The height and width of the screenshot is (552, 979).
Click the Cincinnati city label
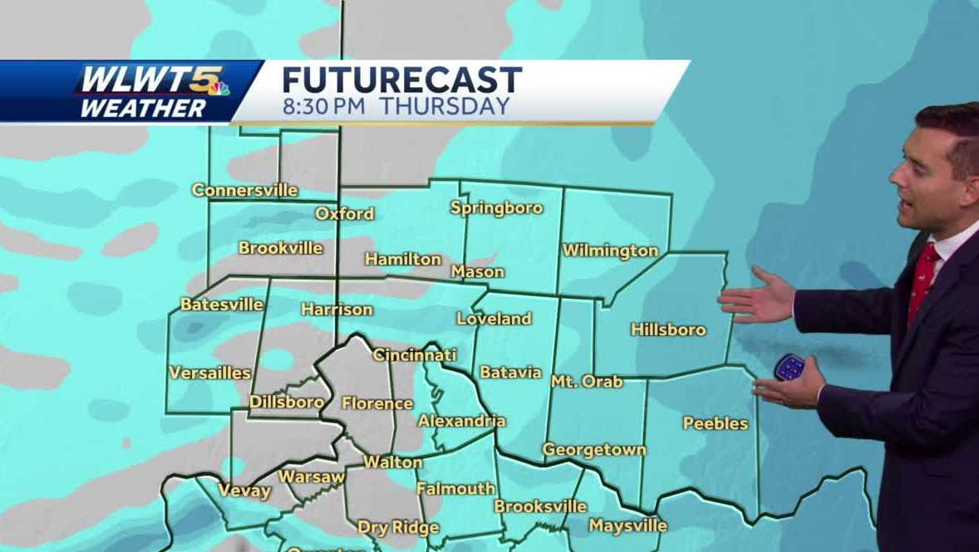tap(414, 355)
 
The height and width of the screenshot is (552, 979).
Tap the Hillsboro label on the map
tap(668, 330)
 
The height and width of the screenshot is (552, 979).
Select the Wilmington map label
tap(610, 251)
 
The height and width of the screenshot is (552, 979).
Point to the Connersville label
tap(244, 190)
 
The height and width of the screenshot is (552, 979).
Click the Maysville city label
tap(627, 525)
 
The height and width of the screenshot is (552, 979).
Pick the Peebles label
tap(716, 423)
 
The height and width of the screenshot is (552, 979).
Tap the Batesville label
tap(222, 305)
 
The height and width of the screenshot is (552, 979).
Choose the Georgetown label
tap(593, 450)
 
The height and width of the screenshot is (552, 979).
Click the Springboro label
tap(496, 208)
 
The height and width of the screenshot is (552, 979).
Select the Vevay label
tap(244, 491)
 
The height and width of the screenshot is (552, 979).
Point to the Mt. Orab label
tap(586, 382)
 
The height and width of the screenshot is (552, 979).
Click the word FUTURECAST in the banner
tap(401, 81)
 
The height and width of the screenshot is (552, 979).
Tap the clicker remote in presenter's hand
tap(789, 367)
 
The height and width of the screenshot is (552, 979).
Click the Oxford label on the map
tap(344, 214)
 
